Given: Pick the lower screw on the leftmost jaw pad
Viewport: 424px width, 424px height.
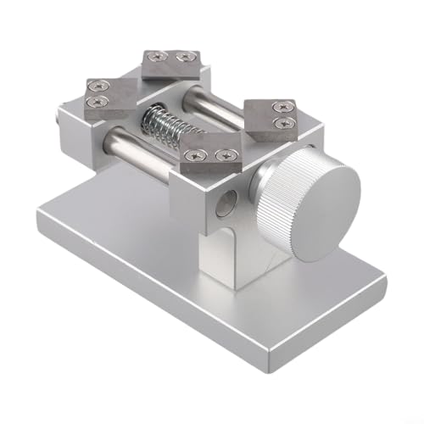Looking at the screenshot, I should tap(95, 103).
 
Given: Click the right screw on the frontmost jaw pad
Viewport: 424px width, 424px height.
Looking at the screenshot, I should tap(224, 155).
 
